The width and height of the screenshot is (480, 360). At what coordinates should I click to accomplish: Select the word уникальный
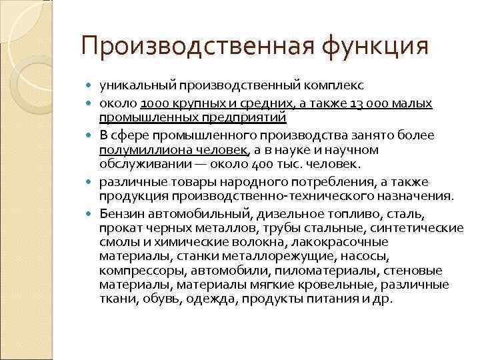(135, 86)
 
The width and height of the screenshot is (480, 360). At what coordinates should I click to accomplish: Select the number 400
(265, 164)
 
